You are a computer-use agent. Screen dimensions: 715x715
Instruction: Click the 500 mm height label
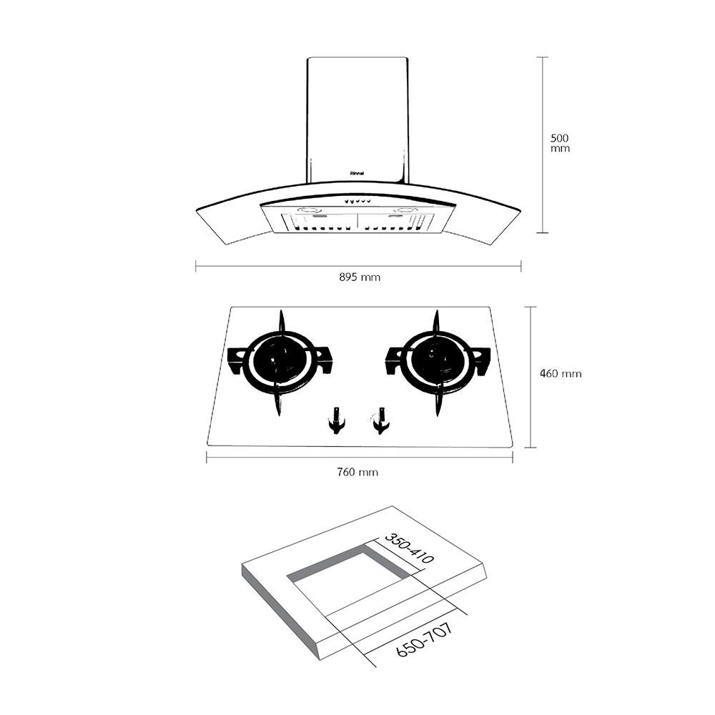pos(561,142)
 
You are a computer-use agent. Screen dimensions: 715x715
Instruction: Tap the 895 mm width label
pos(360,277)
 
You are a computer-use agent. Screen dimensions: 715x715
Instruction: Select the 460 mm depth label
pos(561,373)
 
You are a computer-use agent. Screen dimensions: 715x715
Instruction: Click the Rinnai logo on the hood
pos(358,172)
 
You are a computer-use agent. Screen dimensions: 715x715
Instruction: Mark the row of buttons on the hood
pos(357,201)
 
